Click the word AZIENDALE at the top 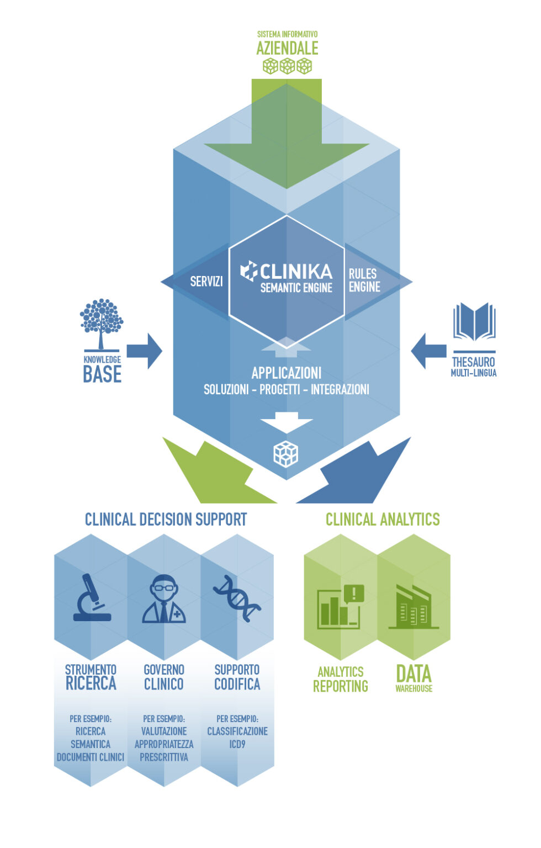[287, 48]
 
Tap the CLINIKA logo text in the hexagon [295, 271]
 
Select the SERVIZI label [206, 282]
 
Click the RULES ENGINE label [364, 280]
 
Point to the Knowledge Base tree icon [101, 324]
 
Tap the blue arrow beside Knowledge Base [144, 351]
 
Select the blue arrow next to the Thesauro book [429, 351]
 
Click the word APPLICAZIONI [286, 373]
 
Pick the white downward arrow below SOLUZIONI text [287, 422]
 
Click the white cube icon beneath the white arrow [286, 454]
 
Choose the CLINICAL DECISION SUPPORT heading [166, 520]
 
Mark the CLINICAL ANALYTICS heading [383, 520]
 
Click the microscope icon [92, 598]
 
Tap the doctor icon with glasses [164, 600]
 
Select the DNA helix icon [237, 598]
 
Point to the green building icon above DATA [413, 607]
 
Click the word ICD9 [237, 744]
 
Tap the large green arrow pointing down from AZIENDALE [287, 138]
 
